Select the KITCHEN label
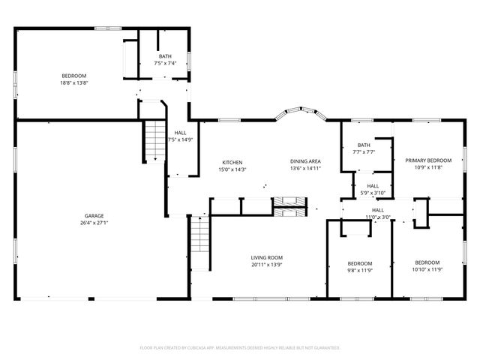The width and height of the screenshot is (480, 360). click(x=232, y=163)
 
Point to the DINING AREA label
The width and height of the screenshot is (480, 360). click(x=306, y=161)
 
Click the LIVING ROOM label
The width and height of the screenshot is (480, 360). click(x=266, y=257)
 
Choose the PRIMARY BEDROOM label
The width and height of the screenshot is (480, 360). click(x=428, y=160)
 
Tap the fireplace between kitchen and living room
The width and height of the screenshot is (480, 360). click(x=289, y=205)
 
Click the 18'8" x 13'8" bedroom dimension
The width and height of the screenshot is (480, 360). click(x=74, y=82)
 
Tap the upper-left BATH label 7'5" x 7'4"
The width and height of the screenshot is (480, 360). click(x=165, y=63)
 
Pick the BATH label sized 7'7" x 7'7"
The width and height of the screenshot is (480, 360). click(x=364, y=151)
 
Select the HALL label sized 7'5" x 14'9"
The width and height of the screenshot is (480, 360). click(x=180, y=139)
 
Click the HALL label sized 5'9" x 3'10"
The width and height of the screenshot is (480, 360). click(x=373, y=193)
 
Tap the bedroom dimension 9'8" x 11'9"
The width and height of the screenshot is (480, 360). click(x=359, y=270)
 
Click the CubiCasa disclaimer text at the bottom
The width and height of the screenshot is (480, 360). click(x=240, y=348)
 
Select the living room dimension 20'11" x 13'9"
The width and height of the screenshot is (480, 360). click(x=266, y=265)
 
